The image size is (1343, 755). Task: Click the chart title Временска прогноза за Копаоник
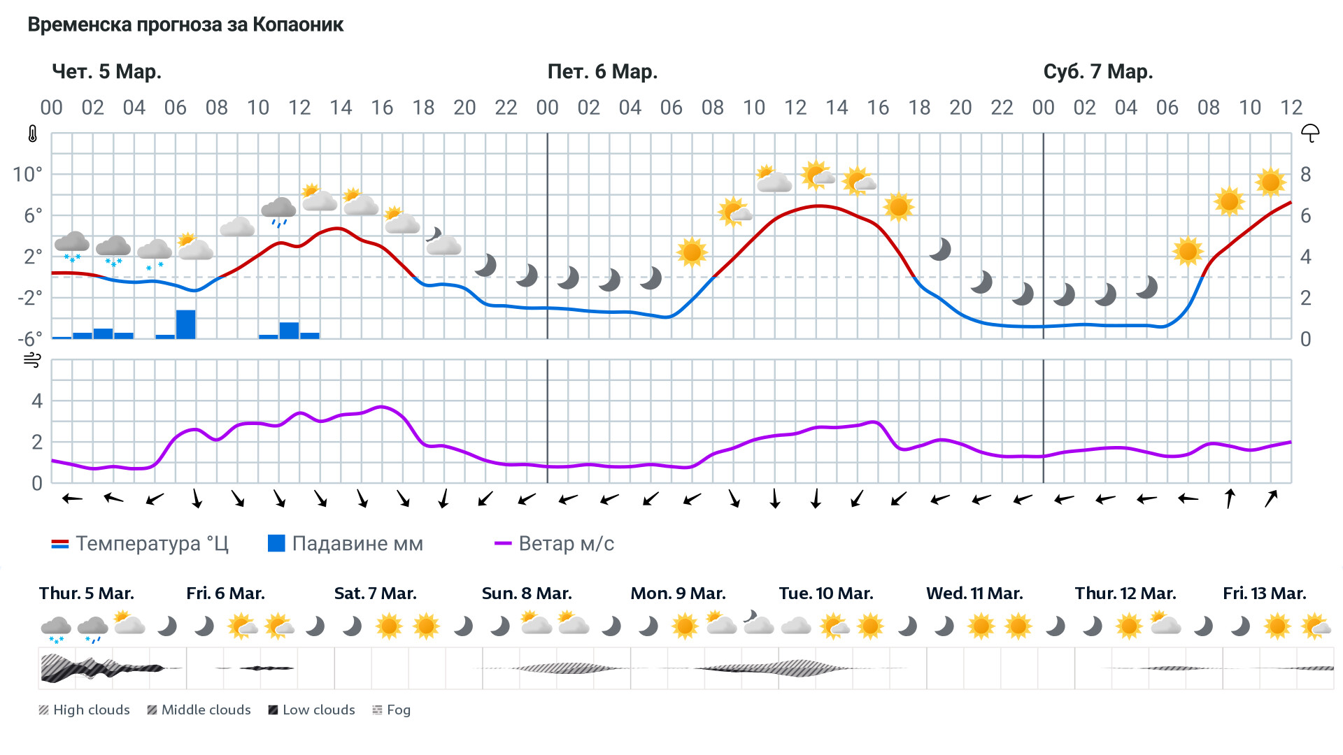(185, 25)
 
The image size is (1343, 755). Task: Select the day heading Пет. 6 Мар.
(602, 72)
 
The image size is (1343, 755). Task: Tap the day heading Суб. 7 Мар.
(1097, 72)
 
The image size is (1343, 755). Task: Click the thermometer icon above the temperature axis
(32, 134)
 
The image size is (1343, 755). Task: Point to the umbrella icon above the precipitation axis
(1309, 134)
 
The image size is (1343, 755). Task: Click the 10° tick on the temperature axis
(28, 174)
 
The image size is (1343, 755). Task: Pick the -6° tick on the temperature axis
(29, 339)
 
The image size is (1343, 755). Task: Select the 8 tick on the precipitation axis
(1305, 175)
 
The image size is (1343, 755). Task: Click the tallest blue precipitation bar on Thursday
(185, 324)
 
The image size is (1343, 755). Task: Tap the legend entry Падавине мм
(346, 544)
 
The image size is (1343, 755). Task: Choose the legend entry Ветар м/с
(554, 544)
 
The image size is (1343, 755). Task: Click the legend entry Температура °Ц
(140, 544)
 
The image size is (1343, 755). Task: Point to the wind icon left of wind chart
(32, 361)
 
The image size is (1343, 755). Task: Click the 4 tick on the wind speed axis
(37, 401)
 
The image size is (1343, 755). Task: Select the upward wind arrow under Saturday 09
(1230, 498)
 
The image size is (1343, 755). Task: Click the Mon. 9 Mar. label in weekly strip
(678, 594)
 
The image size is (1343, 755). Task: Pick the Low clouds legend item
(311, 710)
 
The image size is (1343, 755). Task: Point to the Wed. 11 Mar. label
(974, 594)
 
